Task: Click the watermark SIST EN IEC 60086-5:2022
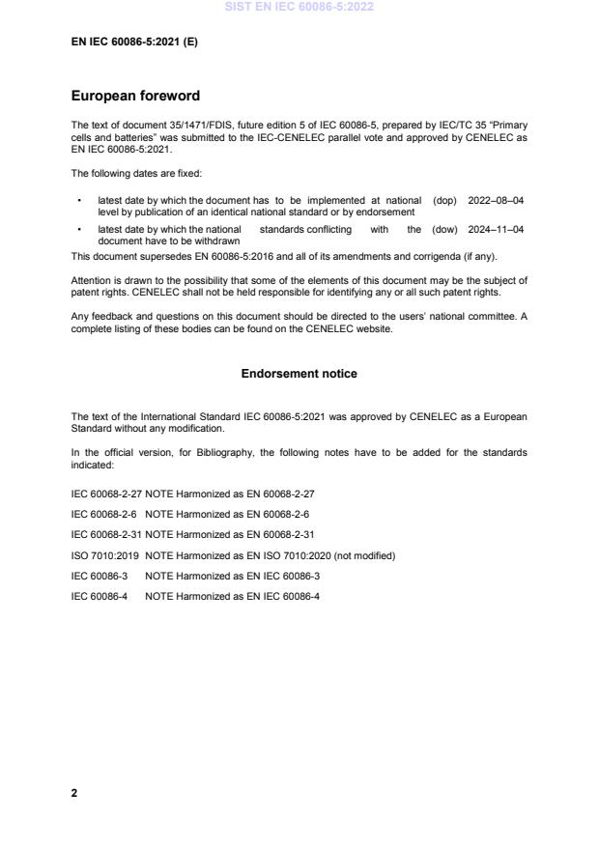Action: pyautogui.click(x=299, y=7)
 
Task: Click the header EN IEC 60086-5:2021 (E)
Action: pyautogui.click(x=134, y=42)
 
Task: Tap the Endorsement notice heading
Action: pyautogui.click(x=299, y=374)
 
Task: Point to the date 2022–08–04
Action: pyautogui.click(x=496, y=201)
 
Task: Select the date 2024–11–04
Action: pyautogui.click(x=496, y=230)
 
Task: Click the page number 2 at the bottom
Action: pyautogui.click(x=74, y=793)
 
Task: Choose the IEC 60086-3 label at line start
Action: pyautogui.click(x=99, y=576)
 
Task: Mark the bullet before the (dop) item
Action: pyautogui.click(x=78, y=201)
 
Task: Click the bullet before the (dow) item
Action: pyautogui.click(x=78, y=230)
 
